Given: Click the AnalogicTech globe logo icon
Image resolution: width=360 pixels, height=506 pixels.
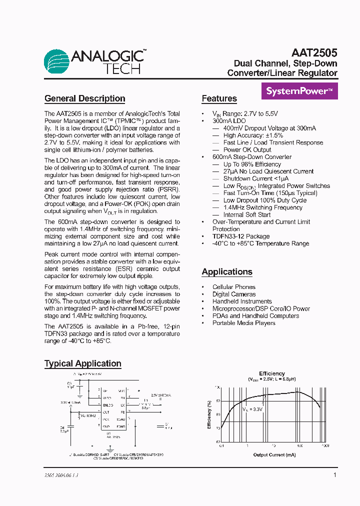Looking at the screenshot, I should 57,62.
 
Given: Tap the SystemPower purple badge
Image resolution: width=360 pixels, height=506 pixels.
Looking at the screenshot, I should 299,91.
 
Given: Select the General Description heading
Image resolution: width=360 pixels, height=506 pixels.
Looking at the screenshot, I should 84,98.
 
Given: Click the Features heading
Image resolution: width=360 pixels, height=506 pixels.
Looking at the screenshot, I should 219,98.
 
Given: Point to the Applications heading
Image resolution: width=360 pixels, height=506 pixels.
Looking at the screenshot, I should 227,272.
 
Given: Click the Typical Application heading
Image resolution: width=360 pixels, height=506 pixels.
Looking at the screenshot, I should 82,363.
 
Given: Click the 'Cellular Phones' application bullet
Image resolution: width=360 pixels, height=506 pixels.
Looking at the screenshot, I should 233,287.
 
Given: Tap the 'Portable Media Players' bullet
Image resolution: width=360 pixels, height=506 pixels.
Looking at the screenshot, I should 243,323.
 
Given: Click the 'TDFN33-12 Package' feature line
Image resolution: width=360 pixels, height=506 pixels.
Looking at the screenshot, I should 241,236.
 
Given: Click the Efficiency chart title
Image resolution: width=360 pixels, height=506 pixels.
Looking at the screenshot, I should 271,373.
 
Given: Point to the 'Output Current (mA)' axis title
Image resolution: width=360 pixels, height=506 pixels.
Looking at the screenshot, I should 274,454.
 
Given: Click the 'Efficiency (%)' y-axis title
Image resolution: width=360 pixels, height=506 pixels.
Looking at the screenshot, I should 209,414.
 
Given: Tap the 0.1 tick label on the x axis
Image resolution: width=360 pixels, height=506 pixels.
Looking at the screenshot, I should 221,445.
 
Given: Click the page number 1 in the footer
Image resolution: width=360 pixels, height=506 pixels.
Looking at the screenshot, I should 334,475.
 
